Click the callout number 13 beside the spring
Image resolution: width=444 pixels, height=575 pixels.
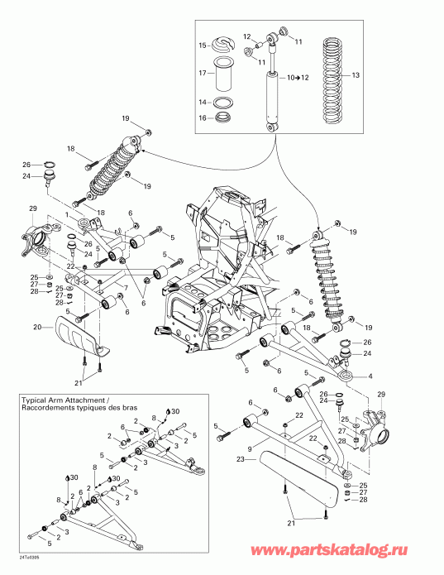[x=356, y=74]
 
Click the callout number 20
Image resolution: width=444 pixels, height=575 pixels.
[x=36, y=327]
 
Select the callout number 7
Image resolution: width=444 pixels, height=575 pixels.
[x=125, y=287]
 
